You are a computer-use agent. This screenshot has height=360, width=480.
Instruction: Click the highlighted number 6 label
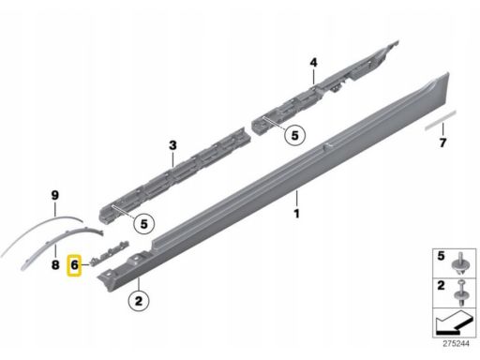point(74,265)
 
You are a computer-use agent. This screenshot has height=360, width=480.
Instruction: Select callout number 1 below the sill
point(296,214)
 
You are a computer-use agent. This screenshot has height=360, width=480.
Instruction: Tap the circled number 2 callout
point(139,301)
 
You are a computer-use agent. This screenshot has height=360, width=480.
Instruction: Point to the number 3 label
point(172,145)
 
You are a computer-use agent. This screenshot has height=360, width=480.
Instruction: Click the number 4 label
point(313,63)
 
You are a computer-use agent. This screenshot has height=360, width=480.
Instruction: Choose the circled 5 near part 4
point(294,136)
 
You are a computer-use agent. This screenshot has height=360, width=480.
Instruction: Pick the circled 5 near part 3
point(143,224)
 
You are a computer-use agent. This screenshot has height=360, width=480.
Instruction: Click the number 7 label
point(442,142)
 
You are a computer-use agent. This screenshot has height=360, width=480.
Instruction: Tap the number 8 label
point(55,265)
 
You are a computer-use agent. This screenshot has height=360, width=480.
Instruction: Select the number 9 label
point(54,196)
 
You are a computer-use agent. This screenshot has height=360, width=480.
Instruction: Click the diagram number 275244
point(456,344)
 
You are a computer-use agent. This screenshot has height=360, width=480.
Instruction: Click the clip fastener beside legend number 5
point(459,264)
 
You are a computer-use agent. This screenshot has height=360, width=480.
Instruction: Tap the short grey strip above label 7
point(441,120)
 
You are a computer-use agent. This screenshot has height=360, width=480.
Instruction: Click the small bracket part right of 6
point(110,252)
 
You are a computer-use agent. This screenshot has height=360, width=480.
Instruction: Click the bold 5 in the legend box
point(441,256)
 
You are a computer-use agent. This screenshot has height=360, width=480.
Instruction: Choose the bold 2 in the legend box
point(441,285)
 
